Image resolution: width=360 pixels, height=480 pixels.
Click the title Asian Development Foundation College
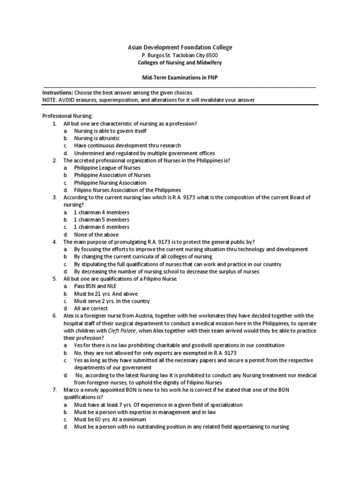(x=180, y=47)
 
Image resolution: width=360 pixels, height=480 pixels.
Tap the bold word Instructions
(x=58, y=93)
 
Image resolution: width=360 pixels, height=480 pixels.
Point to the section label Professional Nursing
(x=68, y=116)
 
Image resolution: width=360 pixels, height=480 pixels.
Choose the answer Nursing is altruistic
(x=97, y=138)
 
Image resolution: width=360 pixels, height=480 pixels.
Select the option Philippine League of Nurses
(x=107, y=168)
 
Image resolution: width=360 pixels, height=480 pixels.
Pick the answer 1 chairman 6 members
(x=102, y=227)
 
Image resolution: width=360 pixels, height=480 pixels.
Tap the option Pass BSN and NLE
(x=95, y=286)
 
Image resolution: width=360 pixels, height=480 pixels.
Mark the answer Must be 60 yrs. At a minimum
(x=110, y=420)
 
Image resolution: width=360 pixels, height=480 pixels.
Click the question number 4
(x=54, y=242)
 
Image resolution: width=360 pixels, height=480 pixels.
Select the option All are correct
(x=91, y=308)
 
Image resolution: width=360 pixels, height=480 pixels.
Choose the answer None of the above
(x=96, y=234)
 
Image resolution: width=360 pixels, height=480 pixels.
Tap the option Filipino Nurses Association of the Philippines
(x=127, y=190)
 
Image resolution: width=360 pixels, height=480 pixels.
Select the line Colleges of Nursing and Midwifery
(x=180, y=63)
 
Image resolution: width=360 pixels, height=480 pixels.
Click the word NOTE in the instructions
(x=50, y=100)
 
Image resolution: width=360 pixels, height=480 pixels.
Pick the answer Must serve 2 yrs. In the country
(x=112, y=301)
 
